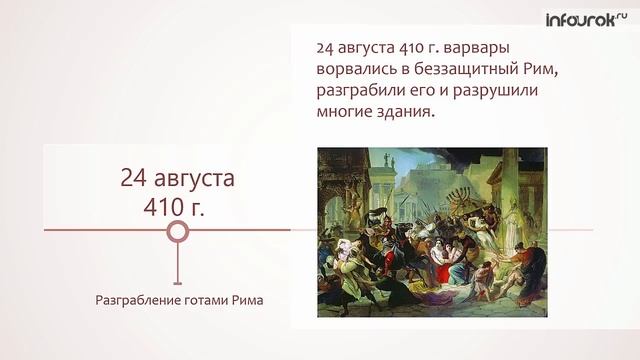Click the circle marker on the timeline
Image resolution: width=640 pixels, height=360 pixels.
click(x=177, y=233)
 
